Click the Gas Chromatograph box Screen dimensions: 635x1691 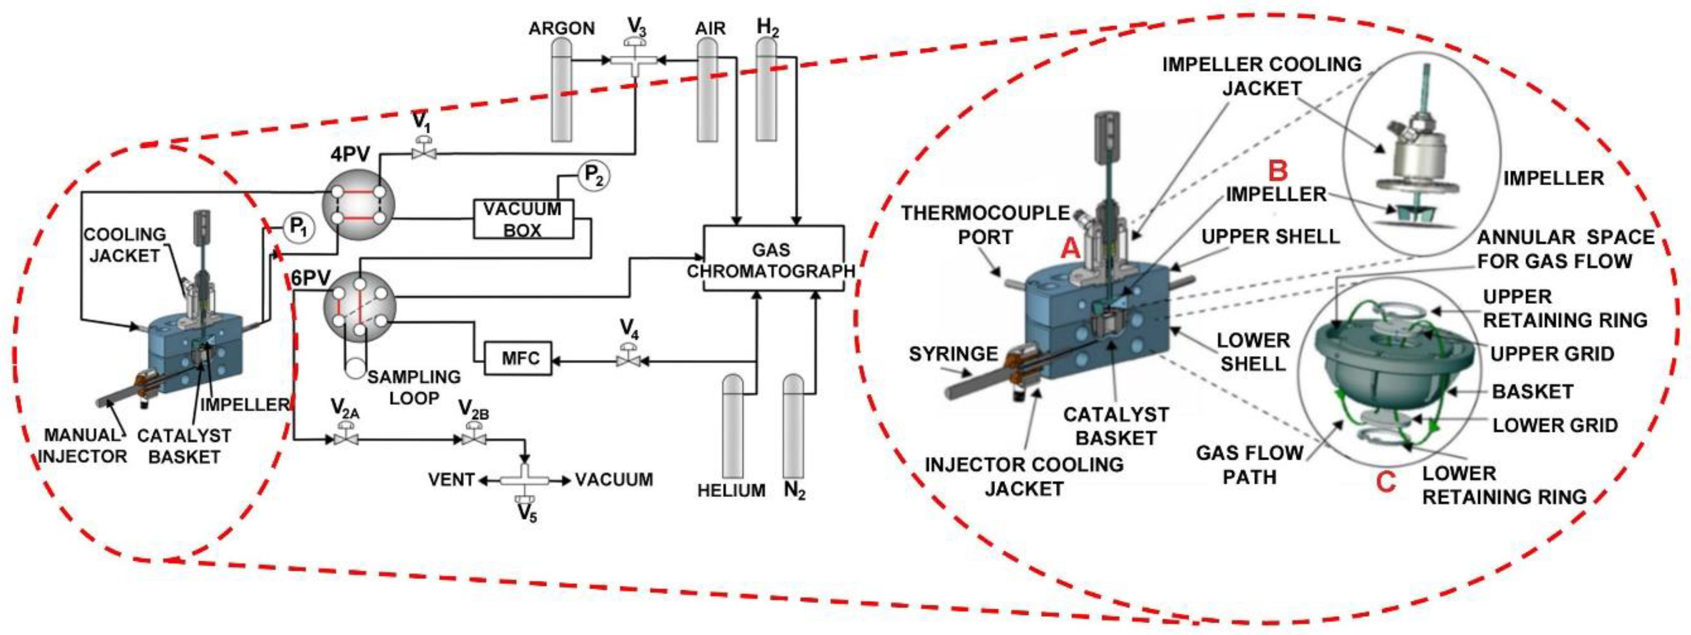point(773,259)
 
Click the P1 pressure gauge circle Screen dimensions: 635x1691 point(298,228)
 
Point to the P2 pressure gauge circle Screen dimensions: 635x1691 point(593,176)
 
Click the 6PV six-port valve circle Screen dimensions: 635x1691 point(360,306)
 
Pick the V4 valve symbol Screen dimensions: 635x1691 point(629,360)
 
